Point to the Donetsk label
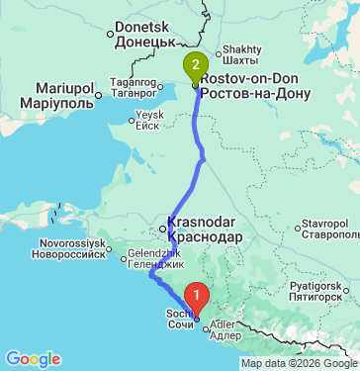pos(144,37)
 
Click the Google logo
pos(33,358)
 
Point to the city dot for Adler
pos(207,330)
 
